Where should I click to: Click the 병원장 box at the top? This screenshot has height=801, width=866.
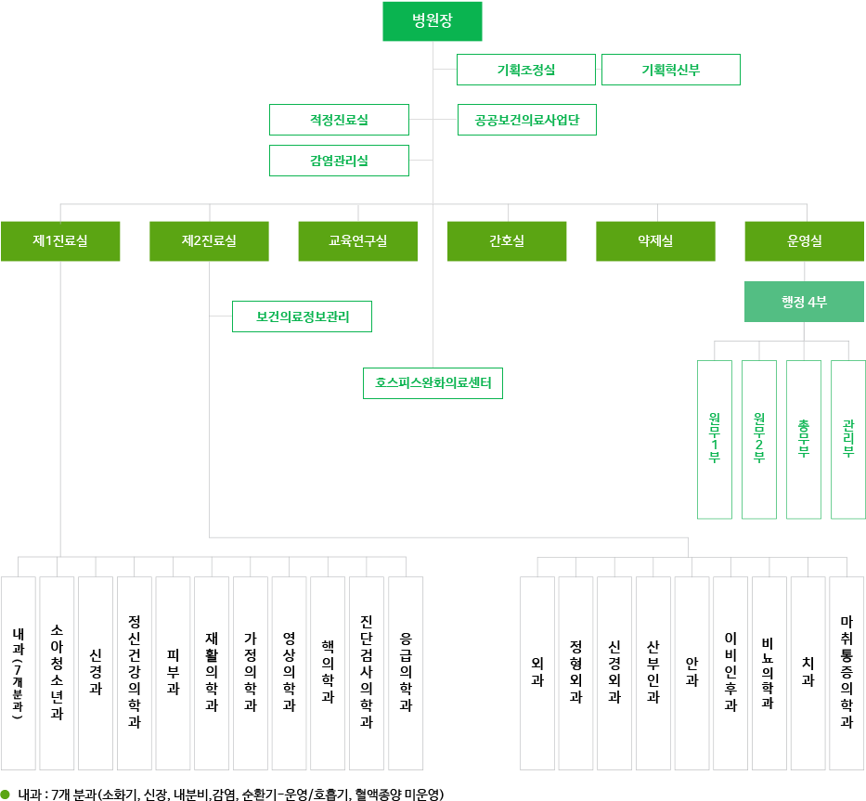(432, 21)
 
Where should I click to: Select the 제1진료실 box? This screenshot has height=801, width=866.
(60, 241)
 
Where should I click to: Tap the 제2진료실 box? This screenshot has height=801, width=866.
(209, 241)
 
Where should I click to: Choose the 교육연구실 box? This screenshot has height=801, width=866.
(357, 241)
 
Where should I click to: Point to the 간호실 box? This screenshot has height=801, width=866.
(507, 241)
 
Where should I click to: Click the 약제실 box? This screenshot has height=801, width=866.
(655, 241)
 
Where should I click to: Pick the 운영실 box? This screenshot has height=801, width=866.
(804, 241)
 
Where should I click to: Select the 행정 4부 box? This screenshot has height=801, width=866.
(804, 302)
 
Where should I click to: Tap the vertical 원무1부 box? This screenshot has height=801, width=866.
(715, 439)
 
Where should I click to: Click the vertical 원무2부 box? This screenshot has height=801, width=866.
(759, 439)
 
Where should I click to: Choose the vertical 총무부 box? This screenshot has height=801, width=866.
(804, 439)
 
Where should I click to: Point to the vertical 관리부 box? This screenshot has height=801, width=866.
(848, 439)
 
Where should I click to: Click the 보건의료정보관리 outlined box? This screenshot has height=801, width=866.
(302, 317)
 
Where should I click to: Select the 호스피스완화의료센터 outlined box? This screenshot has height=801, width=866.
(433, 382)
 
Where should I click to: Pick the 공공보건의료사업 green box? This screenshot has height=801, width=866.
(526, 120)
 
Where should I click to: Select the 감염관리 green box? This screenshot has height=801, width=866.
(339, 161)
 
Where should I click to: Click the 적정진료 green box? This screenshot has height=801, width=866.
(339, 120)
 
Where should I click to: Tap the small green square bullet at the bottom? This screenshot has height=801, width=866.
(6, 794)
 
